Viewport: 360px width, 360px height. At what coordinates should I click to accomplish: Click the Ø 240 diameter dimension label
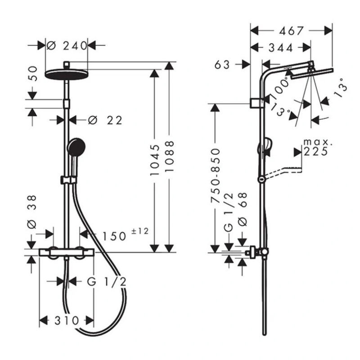pyautogui.click(x=67, y=46)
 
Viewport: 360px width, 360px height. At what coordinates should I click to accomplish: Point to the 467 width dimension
pyautogui.click(x=291, y=31)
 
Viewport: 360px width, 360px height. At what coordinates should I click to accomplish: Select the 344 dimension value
pyautogui.click(x=281, y=48)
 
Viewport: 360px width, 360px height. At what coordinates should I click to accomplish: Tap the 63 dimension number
pyautogui.click(x=222, y=65)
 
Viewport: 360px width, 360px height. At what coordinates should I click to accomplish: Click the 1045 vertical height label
pyautogui.click(x=154, y=160)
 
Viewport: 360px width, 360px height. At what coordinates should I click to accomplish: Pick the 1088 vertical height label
pyautogui.click(x=170, y=156)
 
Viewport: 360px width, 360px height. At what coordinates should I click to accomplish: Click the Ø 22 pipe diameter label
pyautogui.click(x=105, y=120)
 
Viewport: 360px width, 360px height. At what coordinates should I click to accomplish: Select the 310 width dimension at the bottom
pyautogui.click(x=67, y=320)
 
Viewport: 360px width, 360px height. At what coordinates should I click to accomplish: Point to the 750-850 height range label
pyautogui.click(x=216, y=175)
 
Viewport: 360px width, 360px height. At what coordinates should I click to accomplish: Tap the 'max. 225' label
pyautogui.click(x=318, y=147)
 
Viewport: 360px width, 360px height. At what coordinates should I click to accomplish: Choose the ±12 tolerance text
pyautogui.click(x=140, y=231)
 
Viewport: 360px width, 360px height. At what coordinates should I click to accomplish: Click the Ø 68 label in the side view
pyautogui.click(x=243, y=209)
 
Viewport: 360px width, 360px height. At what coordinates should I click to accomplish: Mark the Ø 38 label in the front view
pyautogui.click(x=31, y=212)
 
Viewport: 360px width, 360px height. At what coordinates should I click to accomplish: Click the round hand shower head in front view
pyautogui.click(x=76, y=147)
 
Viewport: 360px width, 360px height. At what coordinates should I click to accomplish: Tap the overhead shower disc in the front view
pyautogui.click(x=67, y=75)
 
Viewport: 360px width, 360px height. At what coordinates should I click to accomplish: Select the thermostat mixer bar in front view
pyautogui.click(x=67, y=252)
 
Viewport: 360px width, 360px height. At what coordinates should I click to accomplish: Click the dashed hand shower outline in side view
pyautogui.click(x=283, y=172)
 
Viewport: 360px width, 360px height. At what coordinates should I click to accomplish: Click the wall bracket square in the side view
pyautogui.click(x=255, y=103)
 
